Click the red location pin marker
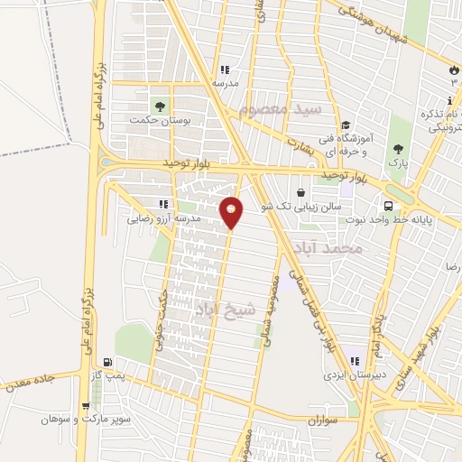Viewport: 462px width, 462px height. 232,211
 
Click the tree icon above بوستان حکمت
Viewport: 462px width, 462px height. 162,105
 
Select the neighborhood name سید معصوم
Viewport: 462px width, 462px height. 281,110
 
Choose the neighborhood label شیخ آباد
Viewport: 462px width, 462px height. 225,310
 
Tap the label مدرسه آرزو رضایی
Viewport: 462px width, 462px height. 153,217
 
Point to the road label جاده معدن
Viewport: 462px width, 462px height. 29,381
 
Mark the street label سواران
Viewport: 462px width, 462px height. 320,421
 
